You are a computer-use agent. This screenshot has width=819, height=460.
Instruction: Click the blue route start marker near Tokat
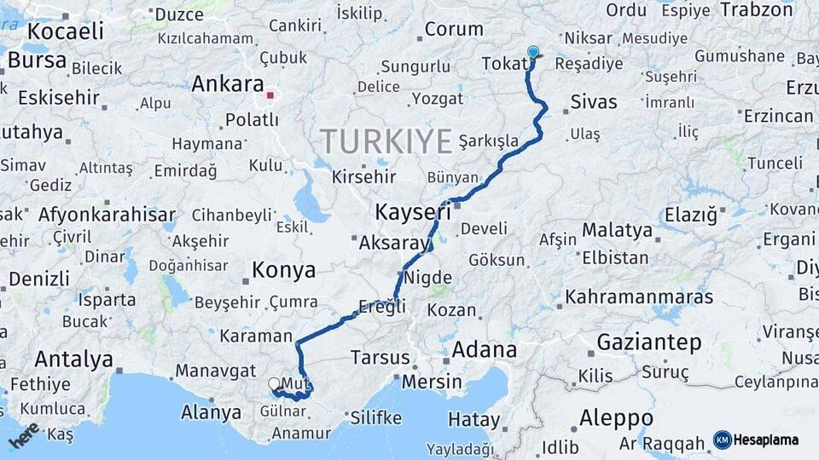533,52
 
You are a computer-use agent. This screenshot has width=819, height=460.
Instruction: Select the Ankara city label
227,84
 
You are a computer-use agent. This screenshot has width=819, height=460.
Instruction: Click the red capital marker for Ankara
270,95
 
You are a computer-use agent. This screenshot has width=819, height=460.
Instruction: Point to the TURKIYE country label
386,141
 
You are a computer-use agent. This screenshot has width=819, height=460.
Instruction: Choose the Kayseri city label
412,212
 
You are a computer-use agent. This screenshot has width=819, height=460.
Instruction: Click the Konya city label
284,271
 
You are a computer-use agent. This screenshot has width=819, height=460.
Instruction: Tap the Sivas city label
593,102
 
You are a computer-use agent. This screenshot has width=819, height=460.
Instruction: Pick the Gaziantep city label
649,343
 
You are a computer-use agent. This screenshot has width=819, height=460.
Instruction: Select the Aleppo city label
616,418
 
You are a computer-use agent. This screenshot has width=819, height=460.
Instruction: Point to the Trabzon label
757,10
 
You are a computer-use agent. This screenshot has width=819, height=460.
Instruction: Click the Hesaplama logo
756,440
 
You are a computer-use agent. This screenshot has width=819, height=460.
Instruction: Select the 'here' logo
23,436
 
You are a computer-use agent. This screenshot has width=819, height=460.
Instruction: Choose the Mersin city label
431,382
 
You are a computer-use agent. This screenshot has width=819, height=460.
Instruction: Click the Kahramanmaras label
639,297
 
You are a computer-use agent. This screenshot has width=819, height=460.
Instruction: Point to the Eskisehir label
58,97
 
